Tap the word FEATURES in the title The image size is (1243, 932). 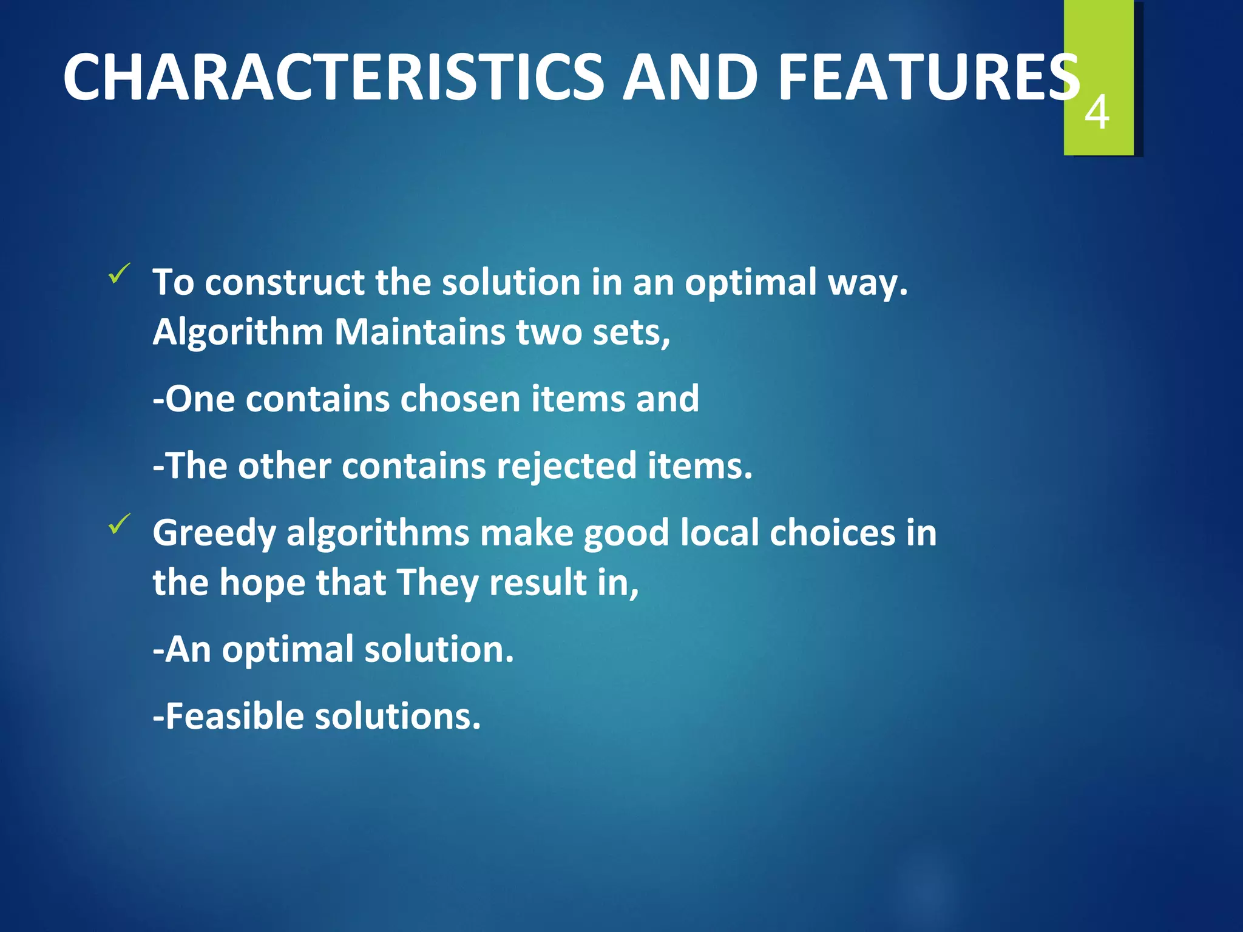pyautogui.click(x=929, y=78)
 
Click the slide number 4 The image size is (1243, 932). pyautogui.click(x=1097, y=113)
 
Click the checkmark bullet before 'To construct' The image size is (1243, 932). pyautogui.click(x=119, y=274)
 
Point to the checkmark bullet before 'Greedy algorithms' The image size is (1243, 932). pyautogui.click(x=119, y=524)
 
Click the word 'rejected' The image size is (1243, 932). pyautogui.click(x=566, y=466)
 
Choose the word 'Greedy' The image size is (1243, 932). pyautogui.click(x=214, y=534)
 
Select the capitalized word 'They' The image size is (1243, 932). pyautogui.click(x=437, y=584)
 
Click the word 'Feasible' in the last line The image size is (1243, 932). pyautogui.click(x=234, y=717)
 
